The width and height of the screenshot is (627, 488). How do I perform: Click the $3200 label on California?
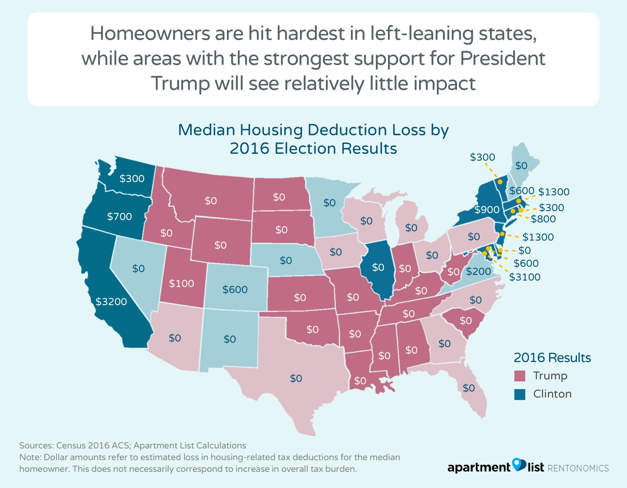(111, 302)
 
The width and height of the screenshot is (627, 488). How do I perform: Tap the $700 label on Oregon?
(120, 216)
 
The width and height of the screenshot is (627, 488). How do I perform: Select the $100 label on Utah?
(181, 283)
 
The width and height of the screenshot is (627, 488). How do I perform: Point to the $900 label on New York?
(487, 209)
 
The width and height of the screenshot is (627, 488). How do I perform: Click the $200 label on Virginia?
(478, 271)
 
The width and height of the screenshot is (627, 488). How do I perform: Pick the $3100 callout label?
(524, 277)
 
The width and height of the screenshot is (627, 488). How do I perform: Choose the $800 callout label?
(543, 219)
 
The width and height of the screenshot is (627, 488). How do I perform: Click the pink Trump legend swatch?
(520, 376)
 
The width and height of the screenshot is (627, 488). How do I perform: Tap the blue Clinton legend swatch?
(520, 394)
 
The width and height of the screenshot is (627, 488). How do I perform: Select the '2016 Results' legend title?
(552, 358)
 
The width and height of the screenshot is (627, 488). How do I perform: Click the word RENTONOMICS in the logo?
(578, 468)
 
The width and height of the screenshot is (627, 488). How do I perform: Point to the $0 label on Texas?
(296, 378)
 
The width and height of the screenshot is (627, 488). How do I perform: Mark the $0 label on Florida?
(468, 388)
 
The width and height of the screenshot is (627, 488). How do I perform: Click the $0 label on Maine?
(521, 165)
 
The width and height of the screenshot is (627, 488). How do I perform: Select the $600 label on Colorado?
(235, 289)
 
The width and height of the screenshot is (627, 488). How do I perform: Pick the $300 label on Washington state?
(132, 178)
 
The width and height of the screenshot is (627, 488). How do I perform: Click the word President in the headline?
(503, 59)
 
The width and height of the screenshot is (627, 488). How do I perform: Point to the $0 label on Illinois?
(378, 267)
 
